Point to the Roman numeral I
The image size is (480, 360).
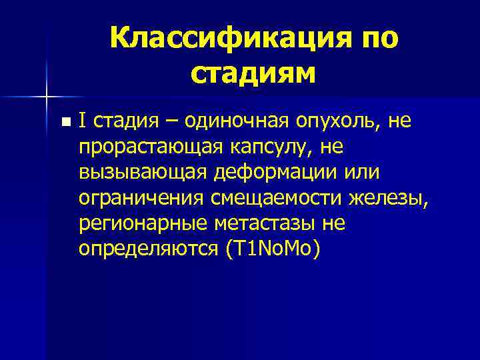click(81, 121)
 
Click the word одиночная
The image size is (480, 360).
click(223, 121)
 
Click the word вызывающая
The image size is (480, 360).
click(137, 173)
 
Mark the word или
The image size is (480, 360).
click(361, 173)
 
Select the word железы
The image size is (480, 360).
click(386, 198)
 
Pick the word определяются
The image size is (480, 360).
click(147, 248)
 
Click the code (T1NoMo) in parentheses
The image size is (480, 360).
click(273, 248)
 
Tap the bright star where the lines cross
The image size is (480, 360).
click(47, 96)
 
